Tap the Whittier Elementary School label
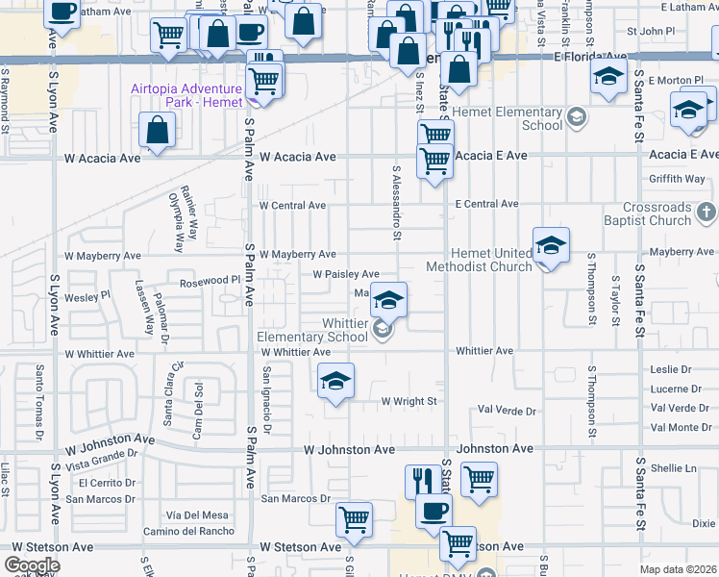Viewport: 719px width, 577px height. pos(312,331)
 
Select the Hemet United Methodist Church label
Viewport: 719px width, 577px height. pos(479,260)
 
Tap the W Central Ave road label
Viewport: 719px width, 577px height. pos(292,205)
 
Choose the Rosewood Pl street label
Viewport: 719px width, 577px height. pos(210,283)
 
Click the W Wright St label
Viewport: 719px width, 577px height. pos(409,401)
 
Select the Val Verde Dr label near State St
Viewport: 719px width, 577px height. pos(507,411)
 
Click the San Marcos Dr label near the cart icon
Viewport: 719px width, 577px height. pos(296,498)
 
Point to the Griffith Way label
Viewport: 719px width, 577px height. pos(677,178)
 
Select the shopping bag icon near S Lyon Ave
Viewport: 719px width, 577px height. pos(157,130)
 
